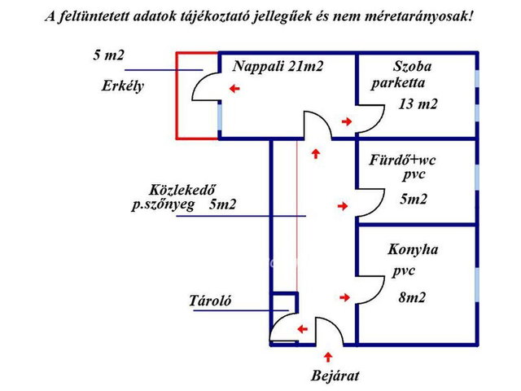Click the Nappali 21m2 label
coord(278,67)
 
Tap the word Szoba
coord(413,67)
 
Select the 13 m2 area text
coord(418,104)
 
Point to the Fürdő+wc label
coord(402,160)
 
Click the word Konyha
coord(413,249)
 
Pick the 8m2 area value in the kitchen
coord(412,297)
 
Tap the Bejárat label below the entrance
coord(335,376)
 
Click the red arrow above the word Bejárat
coord(328,357)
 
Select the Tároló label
coord(210,301)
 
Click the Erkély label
coord(123,86)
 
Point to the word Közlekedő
coord(182,190)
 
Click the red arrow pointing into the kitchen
coord(344,297)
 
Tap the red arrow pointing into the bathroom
coord(343,206)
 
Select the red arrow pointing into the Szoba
coord(347,121)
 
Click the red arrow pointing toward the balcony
coord(234,89)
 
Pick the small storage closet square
coord(284,302)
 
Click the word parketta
coord(398,83)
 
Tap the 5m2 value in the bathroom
coord(414,199)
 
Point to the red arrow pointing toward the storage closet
coord(302,329)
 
